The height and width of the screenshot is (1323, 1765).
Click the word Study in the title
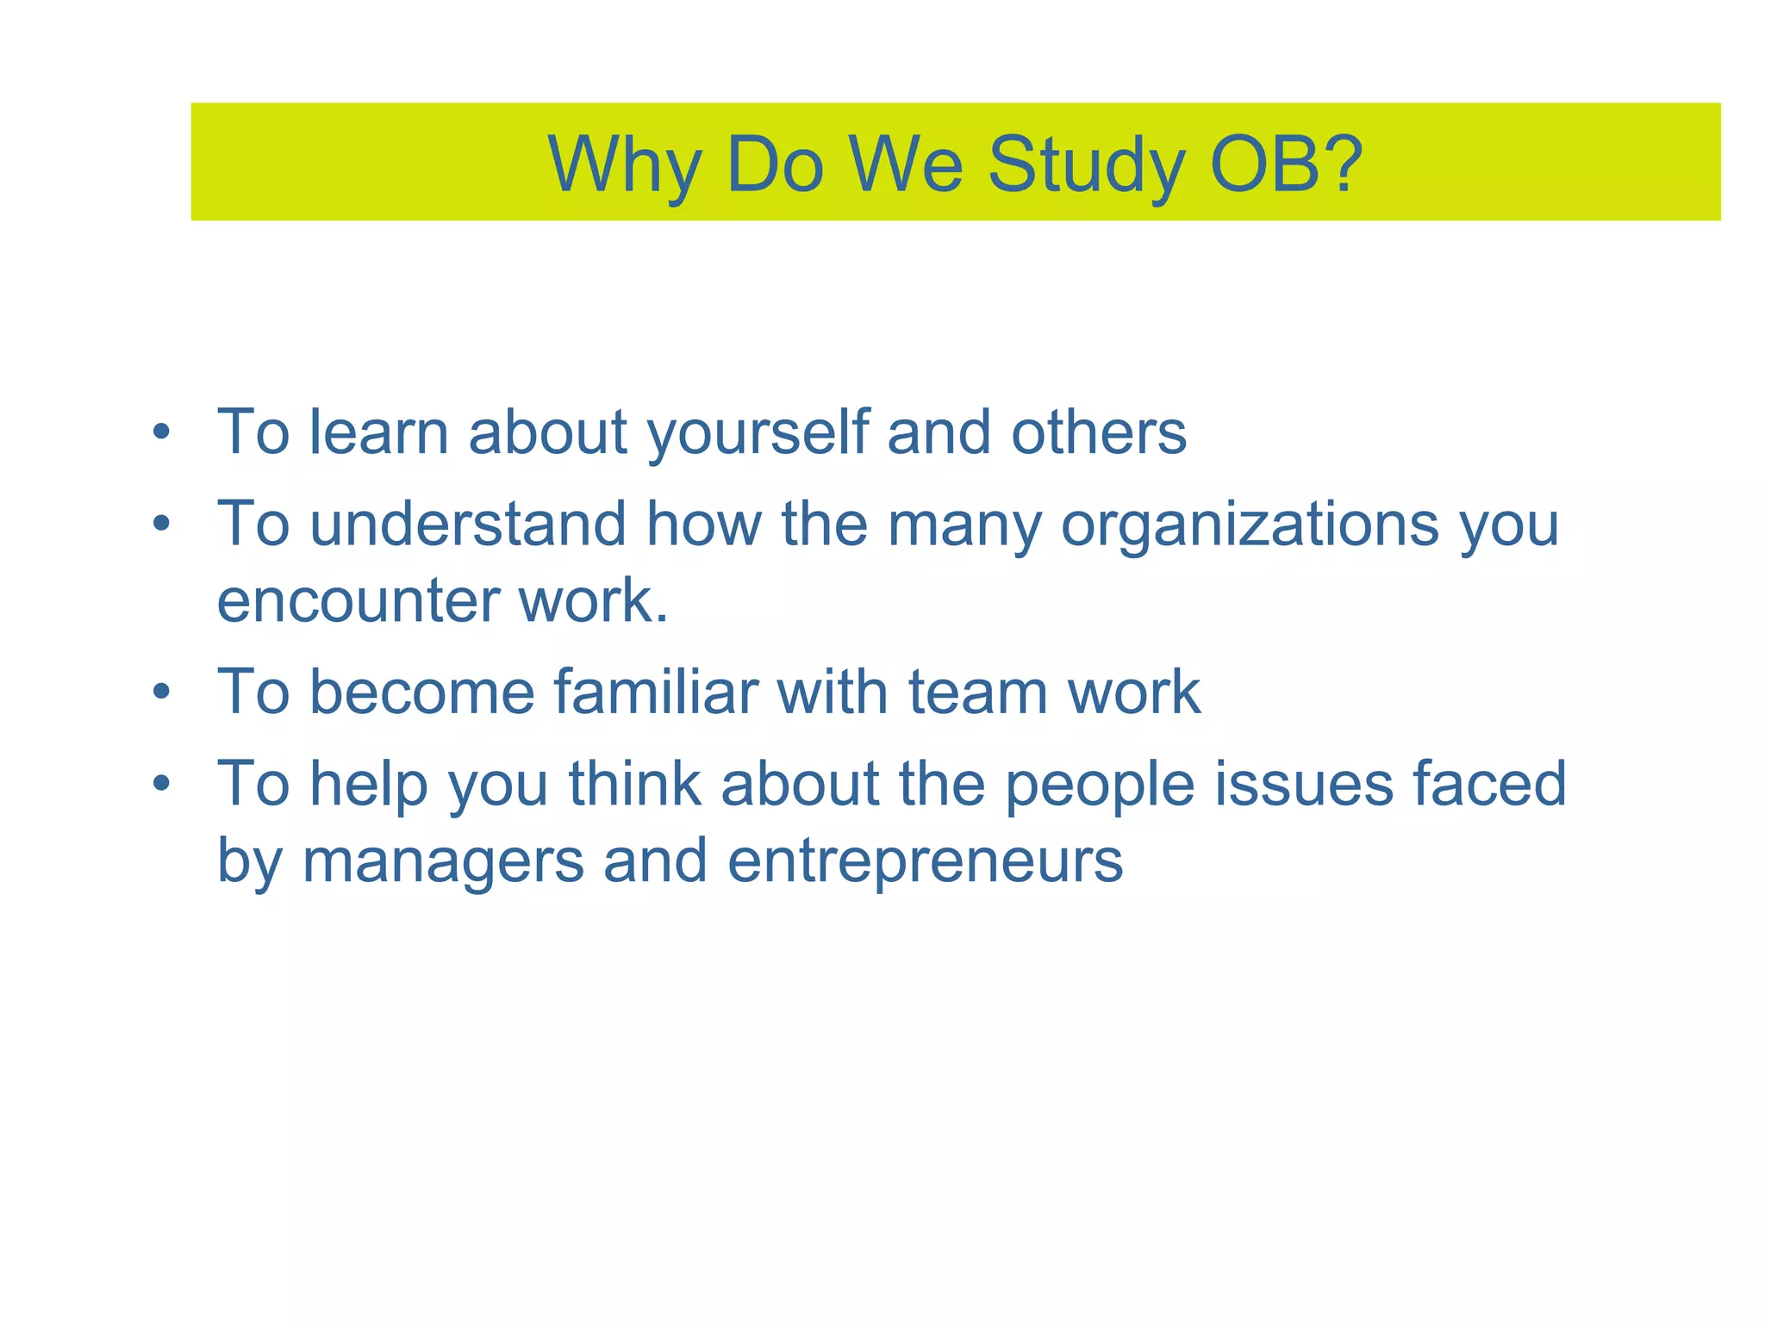coord(1086,165)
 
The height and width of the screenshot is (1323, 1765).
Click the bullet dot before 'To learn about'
coord(161,432)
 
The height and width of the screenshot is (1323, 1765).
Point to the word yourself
coord(758,434)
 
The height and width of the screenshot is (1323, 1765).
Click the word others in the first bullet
coord(1099,432)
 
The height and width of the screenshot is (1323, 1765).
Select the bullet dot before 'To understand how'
coord(161,524)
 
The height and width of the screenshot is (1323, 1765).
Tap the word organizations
coord(1249,525)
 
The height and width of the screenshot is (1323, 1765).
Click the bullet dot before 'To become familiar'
coord(161,692)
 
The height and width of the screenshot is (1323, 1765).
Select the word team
coord(978,693)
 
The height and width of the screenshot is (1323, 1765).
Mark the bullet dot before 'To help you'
coord(161,784)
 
